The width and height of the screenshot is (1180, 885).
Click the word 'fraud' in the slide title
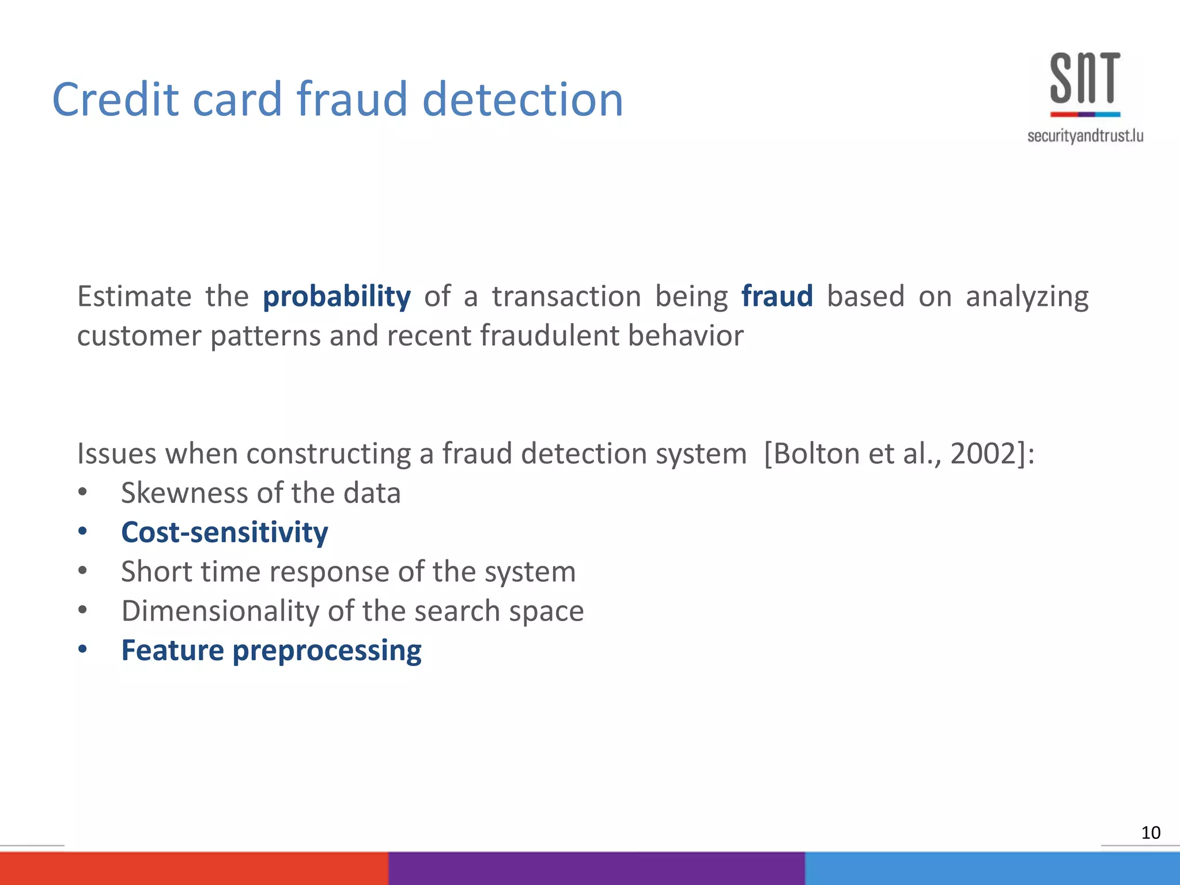(x=352, y=99)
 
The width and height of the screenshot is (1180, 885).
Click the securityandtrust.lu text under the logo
(x=1085, y=136)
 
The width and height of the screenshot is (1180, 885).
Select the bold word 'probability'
(x=336, y=297)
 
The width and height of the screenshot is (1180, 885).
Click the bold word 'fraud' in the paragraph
(x=777, y=296)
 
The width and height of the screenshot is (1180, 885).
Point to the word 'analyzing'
(x=1027, y=297)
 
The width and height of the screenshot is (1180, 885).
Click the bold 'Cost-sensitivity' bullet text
(x=224, y=532)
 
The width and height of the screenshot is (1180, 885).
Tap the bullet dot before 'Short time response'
(x=83, y=571)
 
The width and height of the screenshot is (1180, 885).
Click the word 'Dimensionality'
(x=220, y=611)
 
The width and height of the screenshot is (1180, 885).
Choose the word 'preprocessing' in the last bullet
(x=327, y=651)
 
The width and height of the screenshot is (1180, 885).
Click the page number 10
(x=1150, y=833)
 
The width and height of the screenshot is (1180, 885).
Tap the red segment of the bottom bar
(x=194, y=868)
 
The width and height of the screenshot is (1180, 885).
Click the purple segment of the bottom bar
(x=596, y=868)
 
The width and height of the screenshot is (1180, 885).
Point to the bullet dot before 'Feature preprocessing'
(x=83, y=649)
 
